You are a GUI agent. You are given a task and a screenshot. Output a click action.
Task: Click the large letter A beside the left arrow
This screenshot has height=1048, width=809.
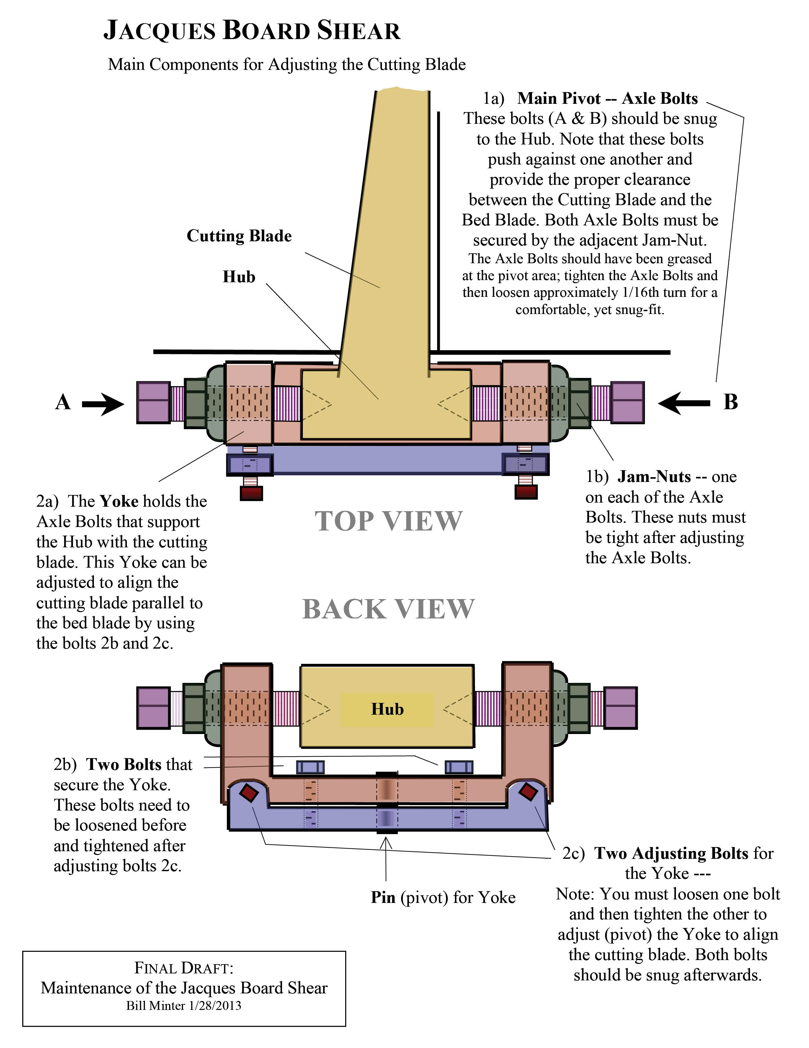63,402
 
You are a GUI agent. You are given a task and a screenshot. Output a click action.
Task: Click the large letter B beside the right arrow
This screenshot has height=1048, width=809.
730,402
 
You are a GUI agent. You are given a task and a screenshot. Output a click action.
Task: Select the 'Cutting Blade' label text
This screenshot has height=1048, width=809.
239,236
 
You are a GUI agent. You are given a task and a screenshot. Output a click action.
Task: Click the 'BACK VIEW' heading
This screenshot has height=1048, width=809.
388,610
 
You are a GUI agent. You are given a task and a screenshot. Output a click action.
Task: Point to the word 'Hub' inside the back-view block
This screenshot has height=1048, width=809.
387,709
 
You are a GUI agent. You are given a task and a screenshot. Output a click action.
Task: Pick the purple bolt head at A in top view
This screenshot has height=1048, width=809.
154,402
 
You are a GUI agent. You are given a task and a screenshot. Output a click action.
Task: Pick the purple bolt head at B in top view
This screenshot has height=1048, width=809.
627,402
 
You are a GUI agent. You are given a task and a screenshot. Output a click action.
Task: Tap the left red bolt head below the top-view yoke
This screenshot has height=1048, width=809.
251,493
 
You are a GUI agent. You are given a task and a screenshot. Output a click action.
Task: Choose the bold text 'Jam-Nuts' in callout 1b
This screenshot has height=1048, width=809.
654,477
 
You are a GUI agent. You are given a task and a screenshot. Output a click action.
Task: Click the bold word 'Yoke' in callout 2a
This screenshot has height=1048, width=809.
119,501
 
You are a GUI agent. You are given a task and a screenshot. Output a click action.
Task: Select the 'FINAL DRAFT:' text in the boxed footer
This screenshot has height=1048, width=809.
184,968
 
